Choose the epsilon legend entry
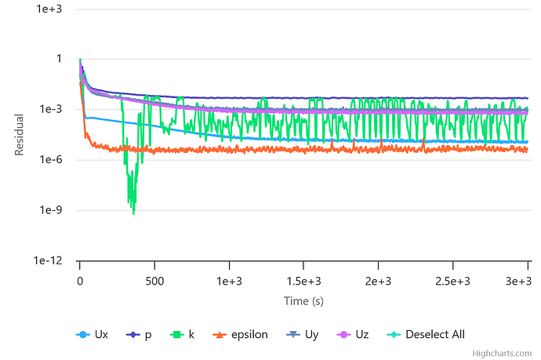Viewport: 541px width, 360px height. click(240, 334)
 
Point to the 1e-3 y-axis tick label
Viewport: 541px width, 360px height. click(50, 109)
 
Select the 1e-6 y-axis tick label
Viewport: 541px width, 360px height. click(50, 160)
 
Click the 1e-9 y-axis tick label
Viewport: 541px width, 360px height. click(50, 210)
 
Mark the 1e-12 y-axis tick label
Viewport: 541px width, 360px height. click(48, 261)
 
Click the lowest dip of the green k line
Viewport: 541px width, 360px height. click(134, 213)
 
